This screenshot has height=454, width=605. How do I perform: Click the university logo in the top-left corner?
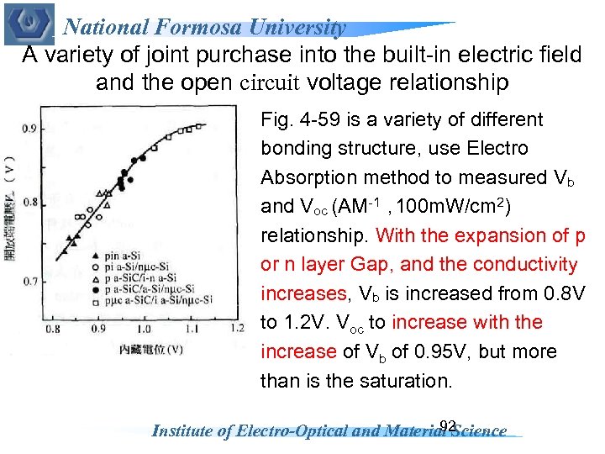point(29,24)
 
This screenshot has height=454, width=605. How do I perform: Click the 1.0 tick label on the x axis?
point(144,329)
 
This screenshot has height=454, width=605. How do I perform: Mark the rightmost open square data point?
point(200,127)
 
